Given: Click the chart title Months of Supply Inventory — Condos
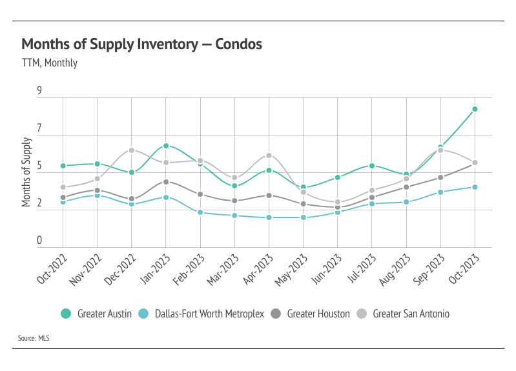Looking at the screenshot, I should (x=141, y=44).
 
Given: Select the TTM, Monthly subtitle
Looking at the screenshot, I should (x=50, y=63).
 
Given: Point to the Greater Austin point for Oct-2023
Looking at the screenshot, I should (x=475, y=109).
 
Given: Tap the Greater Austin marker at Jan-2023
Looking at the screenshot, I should (x=166, y=146).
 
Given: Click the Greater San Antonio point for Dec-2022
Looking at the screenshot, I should (x=131, y=150).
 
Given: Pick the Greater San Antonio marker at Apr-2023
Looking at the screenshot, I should (x=269, y=155).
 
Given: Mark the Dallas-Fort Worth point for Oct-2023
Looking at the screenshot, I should (x=475, y=187).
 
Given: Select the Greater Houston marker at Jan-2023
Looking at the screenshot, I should (x=166, y=182).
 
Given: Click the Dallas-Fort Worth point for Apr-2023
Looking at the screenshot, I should (x=269, y=217).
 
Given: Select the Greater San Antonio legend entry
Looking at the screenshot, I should (x=404, y=314).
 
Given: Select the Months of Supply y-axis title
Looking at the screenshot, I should (x=26, y=172).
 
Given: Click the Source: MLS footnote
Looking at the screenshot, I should (x=34, y=337).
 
